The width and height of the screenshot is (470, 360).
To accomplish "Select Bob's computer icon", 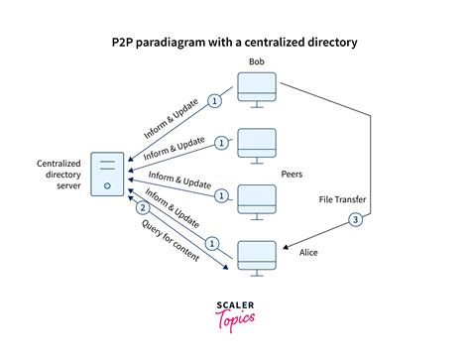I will tap(256, 91).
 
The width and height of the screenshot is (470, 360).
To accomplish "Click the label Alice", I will tap(310, 252).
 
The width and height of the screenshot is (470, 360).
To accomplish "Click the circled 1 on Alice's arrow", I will tap(210, 241).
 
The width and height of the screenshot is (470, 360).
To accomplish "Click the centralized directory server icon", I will tap(106, 174).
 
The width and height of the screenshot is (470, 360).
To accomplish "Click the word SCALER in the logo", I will tap(234, 306).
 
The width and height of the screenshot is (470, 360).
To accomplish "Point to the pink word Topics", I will tap(234, 321).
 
